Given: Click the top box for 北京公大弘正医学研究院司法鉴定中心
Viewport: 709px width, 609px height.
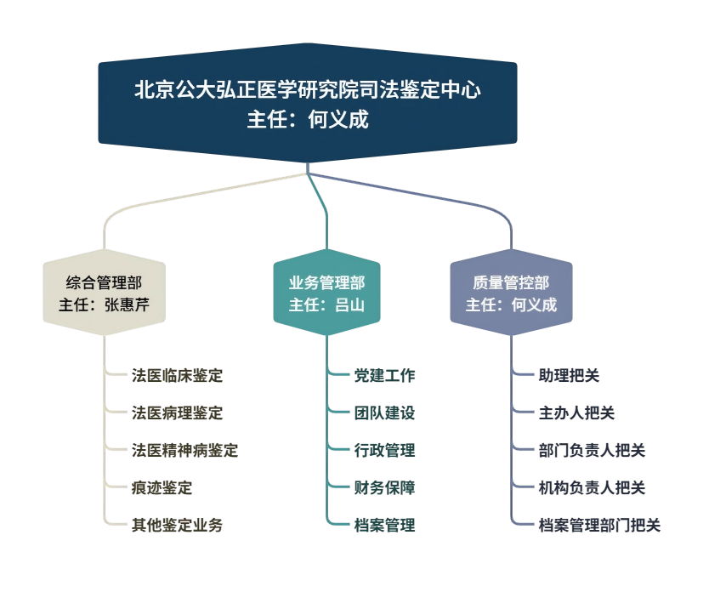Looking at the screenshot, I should coord(308,104).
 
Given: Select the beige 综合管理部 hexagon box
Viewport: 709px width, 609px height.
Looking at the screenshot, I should coord(104,293).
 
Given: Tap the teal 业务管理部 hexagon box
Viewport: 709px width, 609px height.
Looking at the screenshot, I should coord(326,293).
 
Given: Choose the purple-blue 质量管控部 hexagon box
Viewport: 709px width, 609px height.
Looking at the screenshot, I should coord(511,293).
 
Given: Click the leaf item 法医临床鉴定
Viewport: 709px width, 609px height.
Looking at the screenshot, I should coord(177,375).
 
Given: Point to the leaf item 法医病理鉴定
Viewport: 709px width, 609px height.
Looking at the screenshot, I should coord(177,413).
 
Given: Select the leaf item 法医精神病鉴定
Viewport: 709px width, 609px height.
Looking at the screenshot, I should coord(184,451).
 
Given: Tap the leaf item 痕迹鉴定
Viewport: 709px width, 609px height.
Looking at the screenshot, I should coord(162,488).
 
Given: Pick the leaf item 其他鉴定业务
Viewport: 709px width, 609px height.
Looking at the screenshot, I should coord(177,525).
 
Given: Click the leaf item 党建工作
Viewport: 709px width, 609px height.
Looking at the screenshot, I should coord(384,375).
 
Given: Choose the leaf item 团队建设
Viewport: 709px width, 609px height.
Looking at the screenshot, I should coord(384,413).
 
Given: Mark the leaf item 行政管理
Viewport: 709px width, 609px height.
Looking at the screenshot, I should coord(384,451).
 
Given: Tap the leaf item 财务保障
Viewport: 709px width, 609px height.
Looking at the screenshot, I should coord(384,488).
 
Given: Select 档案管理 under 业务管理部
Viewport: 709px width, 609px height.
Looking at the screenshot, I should coord(384,525).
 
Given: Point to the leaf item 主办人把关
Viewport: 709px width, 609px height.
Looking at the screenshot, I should coord(576,413).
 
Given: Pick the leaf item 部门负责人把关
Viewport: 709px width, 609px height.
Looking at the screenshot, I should coord(592,451).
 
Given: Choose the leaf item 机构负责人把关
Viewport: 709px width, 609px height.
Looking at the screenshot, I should coord(592,488).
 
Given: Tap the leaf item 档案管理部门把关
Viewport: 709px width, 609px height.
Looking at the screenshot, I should coord(599,525).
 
